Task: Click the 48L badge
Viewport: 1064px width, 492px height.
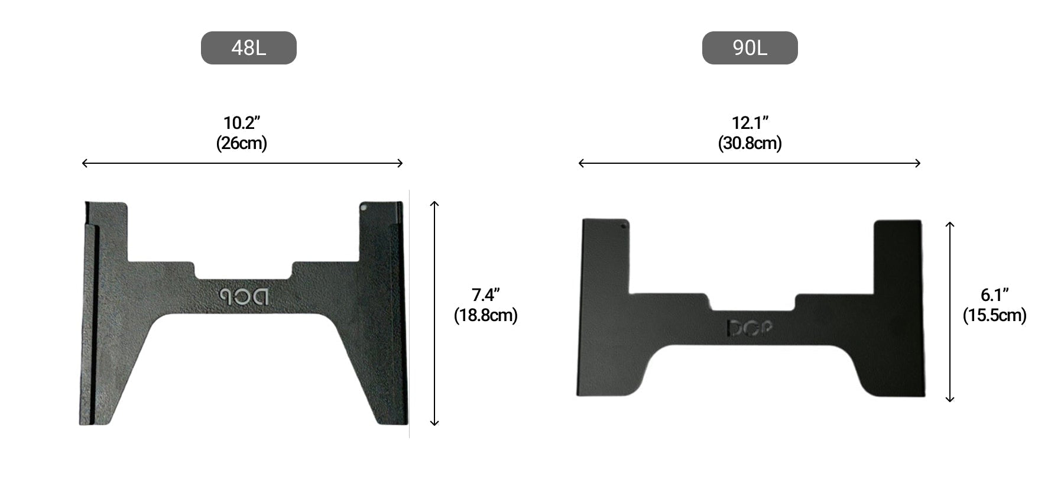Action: tap(249, 48)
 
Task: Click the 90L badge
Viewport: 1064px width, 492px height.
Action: tap(750, 48)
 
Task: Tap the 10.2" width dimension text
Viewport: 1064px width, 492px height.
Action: tap(242, 123)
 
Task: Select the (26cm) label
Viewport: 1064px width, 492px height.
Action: tap(242, 143)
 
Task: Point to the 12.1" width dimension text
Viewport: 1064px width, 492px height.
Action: tap(750, 123)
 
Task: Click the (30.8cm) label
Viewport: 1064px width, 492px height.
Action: tap(750, 143)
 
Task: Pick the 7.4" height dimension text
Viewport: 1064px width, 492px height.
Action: tap(486, 294)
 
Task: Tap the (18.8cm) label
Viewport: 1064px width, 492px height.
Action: tap(486, 315)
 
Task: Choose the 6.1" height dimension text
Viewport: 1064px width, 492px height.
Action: tap(995, 294)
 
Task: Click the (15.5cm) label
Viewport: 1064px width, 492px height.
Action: tap(995, 315)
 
